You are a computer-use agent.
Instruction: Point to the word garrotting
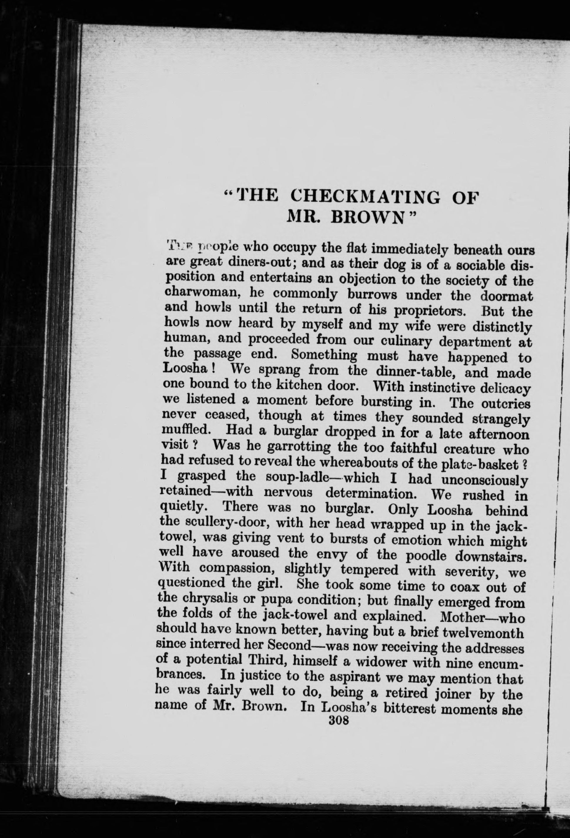299,448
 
